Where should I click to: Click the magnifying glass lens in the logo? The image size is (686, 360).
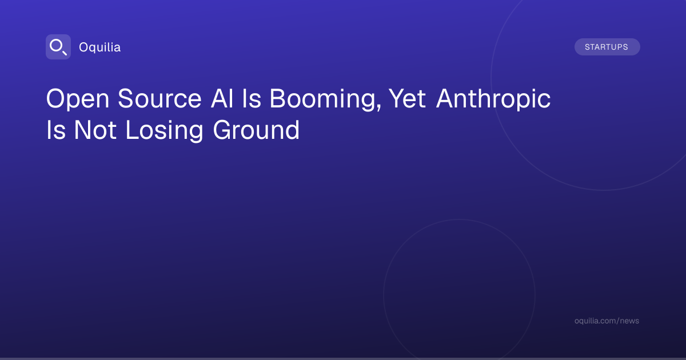click(56, 46)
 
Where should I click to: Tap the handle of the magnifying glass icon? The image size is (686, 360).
click(64, 53)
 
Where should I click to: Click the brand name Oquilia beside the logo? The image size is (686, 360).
click(100, 47)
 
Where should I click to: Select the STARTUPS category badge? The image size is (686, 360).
click(607, 47)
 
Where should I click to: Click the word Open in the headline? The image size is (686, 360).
click(78, 99)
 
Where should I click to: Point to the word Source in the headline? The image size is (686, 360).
click(159, 98)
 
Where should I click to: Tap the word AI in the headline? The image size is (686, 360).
click(222, 98)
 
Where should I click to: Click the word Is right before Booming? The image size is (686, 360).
click(252, 98)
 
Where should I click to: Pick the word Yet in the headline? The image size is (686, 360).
click(407, 98)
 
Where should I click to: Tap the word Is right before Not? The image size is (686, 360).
click(56, 130)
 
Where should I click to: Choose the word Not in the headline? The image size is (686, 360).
click(95, 130)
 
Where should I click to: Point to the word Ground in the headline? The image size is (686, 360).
click(256, 130)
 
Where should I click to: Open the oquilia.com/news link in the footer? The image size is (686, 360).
click(607, 321)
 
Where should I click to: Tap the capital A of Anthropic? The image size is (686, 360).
click(445, 98)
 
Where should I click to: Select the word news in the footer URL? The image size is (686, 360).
click(629, 321)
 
